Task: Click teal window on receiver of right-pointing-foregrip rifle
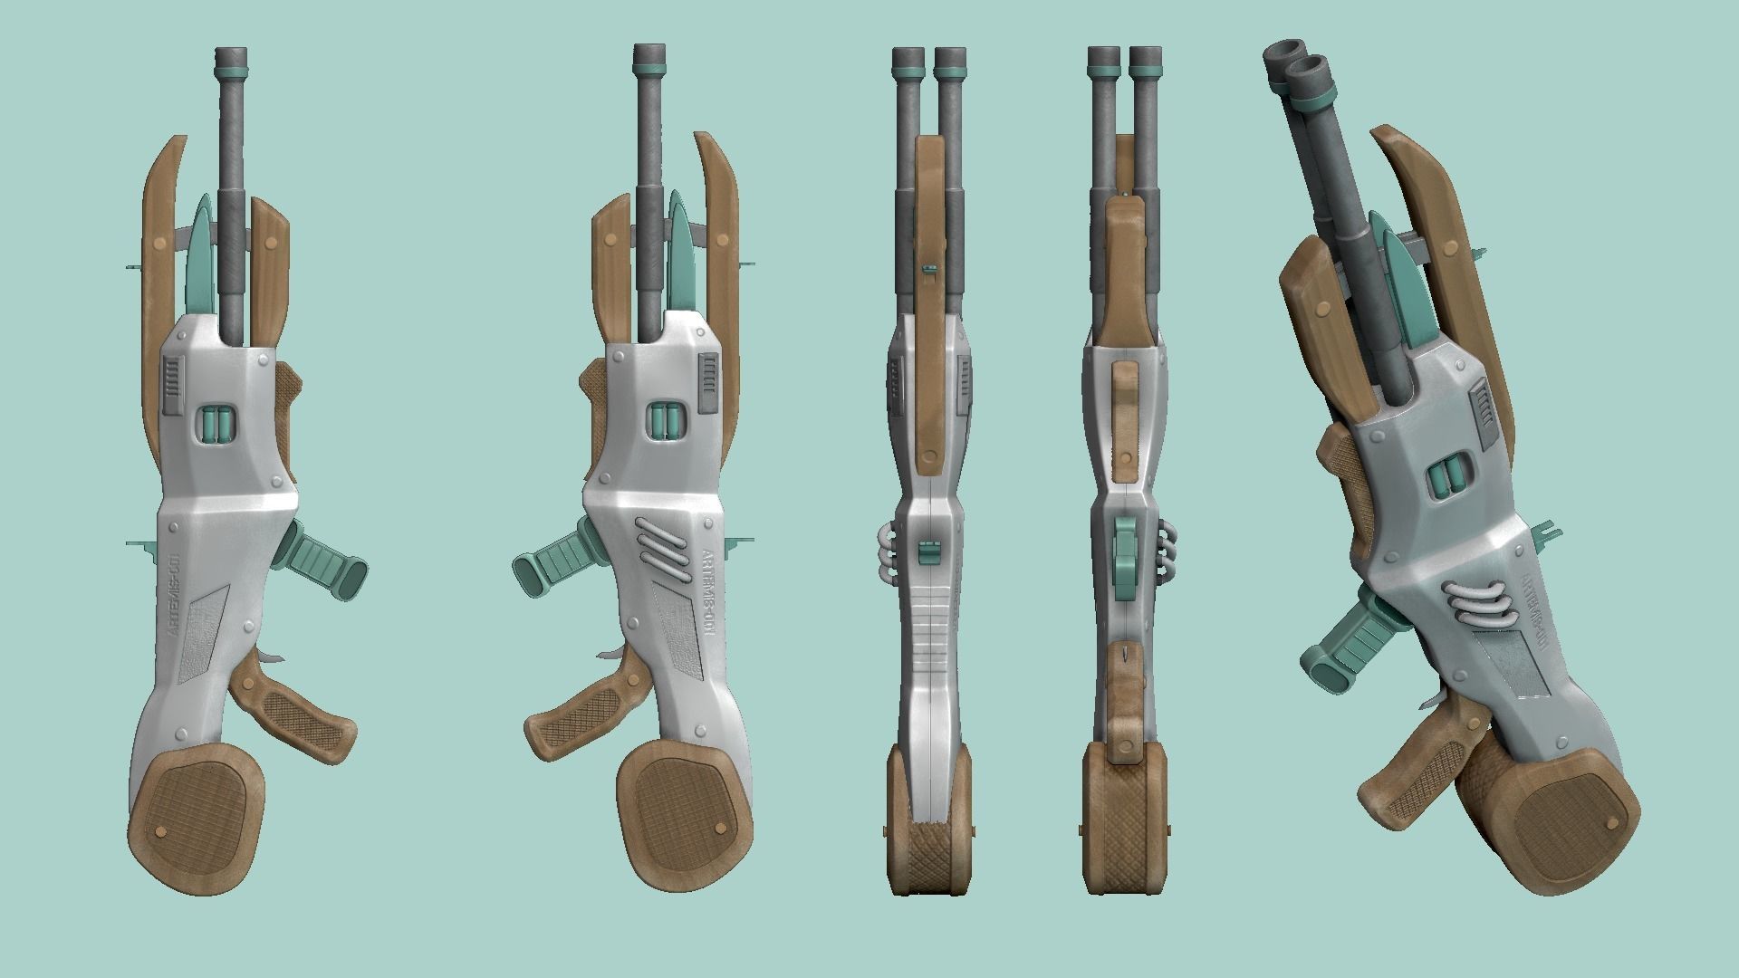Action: pyautogui.click(x=217, y=424)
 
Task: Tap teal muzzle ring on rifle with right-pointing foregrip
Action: pyautogui.click(x=231, y=66)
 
